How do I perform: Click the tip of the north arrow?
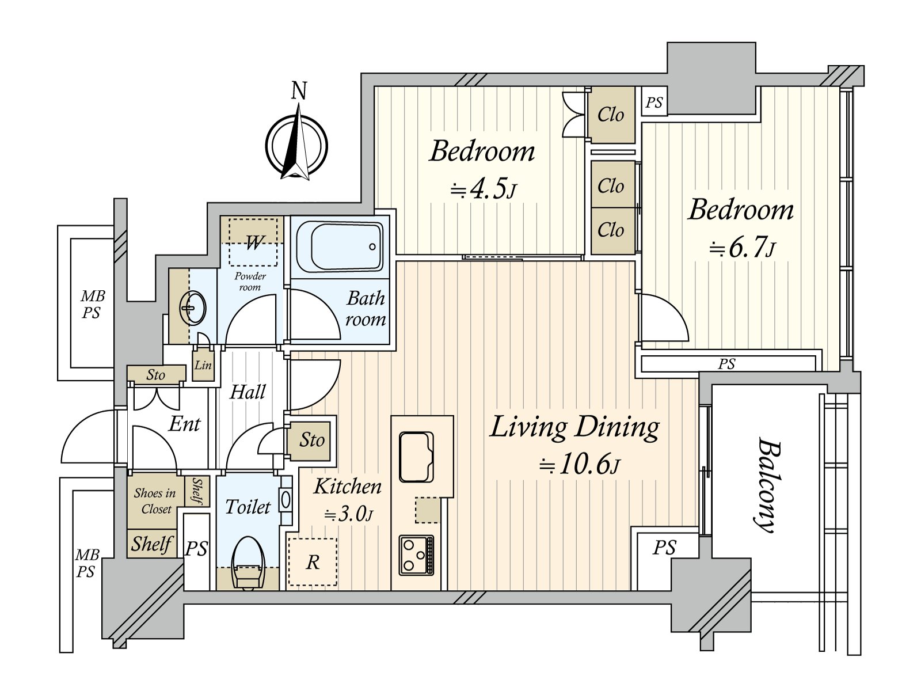point(299,104)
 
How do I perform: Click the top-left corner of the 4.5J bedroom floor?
point(375,87)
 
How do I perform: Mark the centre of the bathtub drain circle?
point(372,246)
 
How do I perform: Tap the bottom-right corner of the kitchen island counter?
point(454,498)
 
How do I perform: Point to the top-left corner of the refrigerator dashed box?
point(288,538)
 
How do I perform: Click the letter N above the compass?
point(299,90)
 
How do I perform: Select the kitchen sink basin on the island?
point(416,457)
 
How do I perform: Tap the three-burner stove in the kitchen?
point(416,555)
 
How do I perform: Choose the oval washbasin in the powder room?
point(193,309)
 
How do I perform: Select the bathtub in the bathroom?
point(340,247)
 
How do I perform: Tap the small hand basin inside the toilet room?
point(286,500)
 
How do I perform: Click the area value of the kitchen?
point(348,514)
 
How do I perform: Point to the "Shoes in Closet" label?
point(155,501)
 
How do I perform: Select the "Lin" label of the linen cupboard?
point(203,365)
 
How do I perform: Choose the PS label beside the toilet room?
point(196,548)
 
